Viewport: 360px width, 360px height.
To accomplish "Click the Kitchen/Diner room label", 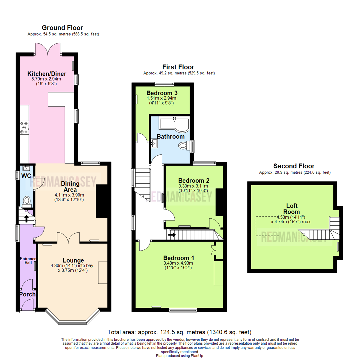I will click(x=47, y=74).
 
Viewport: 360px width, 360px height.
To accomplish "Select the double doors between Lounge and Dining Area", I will click(x=68, y=237).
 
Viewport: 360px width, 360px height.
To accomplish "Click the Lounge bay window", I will click(x=72, y=318).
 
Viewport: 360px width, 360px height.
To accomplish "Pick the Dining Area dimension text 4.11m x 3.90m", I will click(x=70, y=195).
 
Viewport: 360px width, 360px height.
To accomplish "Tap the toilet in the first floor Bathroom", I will click(x=183, y=146).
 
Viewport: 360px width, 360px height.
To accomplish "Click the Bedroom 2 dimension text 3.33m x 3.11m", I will click(x=193, y=186).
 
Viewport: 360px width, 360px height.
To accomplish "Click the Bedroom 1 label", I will click(x=179, y=258).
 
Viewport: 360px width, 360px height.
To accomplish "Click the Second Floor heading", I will click(x=294, y=166).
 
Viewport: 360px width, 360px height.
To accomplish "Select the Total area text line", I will click(x=179, y=332).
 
